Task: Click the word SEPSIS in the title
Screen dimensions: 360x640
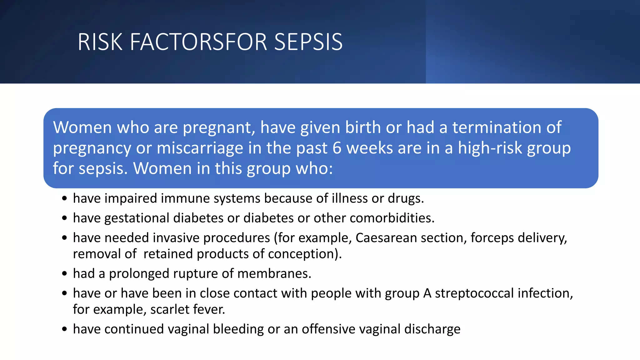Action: tap(308, 42)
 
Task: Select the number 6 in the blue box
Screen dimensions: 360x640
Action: tap(337, 148)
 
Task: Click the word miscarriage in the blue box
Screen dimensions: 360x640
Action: tap(200, 148)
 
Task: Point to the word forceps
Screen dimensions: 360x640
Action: tap(492, 238)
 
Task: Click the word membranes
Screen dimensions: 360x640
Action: tap(274, 273)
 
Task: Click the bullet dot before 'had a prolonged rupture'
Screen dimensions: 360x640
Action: tap(64, 274)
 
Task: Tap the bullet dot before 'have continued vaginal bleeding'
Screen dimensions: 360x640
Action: tap(64, 329)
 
